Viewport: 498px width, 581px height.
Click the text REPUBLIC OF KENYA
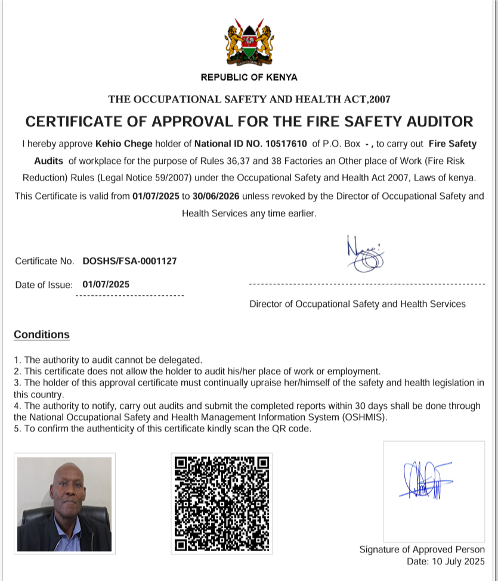tap(249, 77)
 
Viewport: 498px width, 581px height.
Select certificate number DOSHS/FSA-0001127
tap(129, 261)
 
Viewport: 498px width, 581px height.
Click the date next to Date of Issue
tap(106, 284)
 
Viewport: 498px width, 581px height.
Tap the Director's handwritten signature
tap(364, 254)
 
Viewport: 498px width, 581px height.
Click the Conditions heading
tap(42, 334)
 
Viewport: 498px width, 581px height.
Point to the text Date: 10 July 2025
tap(446, 561)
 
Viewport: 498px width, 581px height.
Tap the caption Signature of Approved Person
tap(422, 549)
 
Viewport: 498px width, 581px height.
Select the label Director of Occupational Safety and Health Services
tap(357, 304)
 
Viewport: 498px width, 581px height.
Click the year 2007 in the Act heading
tap(379, 100)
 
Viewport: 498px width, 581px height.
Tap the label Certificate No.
tap(45, 261)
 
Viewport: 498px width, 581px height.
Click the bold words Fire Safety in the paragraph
tap(453, 144)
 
